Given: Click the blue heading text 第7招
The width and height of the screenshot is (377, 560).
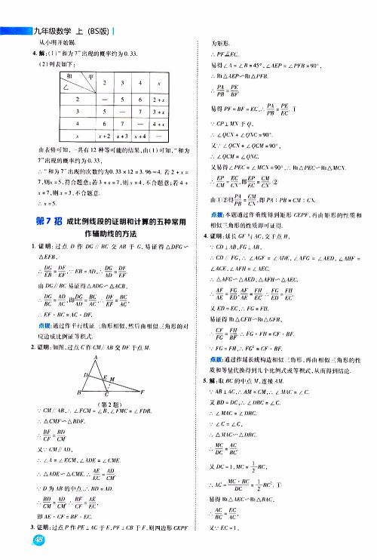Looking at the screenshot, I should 51,220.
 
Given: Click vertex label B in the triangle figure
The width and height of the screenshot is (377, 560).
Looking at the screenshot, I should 79,393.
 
